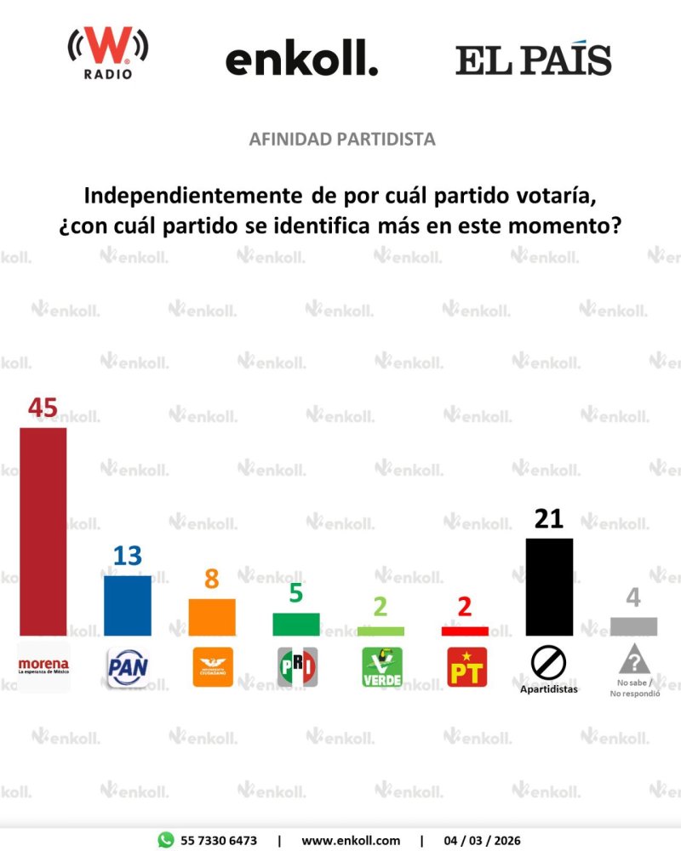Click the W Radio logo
[108, 53]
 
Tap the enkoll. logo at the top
[301, 60]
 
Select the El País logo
[533, 60]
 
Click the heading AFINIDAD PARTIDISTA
[342, 139]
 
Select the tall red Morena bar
[43, 531]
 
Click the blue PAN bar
[128, 605]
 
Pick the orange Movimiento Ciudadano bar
[212, 617]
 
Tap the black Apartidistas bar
[549, 586]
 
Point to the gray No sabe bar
[633, 626]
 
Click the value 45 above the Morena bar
[43, 408]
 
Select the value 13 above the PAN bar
[128, 557]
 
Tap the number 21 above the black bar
[549, 519]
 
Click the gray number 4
[633, 597]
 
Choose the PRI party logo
[296, 667]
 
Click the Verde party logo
[381, 667]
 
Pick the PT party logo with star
[466, 667]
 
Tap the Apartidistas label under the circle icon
[549, 689]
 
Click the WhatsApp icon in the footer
[166, 840]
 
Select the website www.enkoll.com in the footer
[351, 840]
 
